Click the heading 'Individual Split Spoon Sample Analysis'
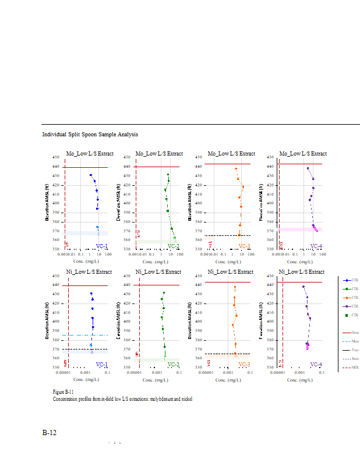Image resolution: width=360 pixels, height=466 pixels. point(90,135)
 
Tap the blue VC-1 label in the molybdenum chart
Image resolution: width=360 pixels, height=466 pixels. point(101,246)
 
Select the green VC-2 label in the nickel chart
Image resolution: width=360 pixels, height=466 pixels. point(173,364)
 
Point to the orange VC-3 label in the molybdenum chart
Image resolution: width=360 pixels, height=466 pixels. point(244,246)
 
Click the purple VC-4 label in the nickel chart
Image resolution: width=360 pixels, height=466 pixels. point(316,364)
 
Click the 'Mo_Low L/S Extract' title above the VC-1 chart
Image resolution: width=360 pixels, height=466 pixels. point(89,154)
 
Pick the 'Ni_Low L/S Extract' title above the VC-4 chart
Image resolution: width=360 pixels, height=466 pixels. point(302,271)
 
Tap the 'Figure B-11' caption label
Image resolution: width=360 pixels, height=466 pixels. point(63,392)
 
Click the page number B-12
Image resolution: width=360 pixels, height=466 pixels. point(50,433)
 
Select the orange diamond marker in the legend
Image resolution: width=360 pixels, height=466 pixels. point(347,298)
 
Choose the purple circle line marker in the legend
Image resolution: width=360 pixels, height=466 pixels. point(347,306)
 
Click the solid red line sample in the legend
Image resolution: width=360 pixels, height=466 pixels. point(347,332)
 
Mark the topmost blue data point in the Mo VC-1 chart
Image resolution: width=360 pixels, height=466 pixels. point(91,175)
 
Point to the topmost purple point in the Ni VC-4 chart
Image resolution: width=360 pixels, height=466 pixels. point(303,287)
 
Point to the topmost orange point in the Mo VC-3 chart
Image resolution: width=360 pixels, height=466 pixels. point(236,169)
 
